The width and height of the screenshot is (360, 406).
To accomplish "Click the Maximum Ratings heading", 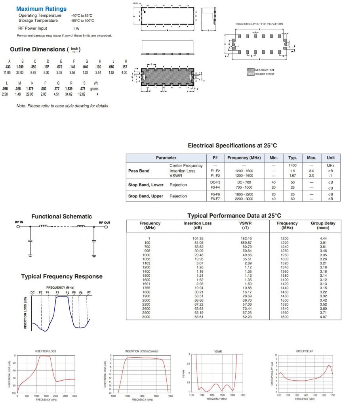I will coord(42,9).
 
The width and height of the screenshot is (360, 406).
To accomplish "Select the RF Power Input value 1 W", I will coord(76,29).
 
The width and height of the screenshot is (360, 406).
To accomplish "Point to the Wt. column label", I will coord(96,83).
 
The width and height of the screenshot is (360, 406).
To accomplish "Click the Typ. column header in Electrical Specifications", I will coord(293,158).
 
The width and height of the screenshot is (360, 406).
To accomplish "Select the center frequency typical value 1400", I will coord(293,166).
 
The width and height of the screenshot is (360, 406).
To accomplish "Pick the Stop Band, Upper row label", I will coord(146,196).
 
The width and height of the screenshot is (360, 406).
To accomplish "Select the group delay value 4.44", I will coord(323,238).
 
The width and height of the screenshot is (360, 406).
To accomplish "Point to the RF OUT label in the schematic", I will coord(105,222).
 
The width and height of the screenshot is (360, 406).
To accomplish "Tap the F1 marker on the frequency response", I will coord(58,293).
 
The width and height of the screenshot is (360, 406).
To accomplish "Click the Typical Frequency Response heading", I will coord(61,277).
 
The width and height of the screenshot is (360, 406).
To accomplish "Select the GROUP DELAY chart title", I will coord(304,351).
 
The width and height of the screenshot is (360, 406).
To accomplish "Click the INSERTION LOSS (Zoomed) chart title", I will coord(142,351).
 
